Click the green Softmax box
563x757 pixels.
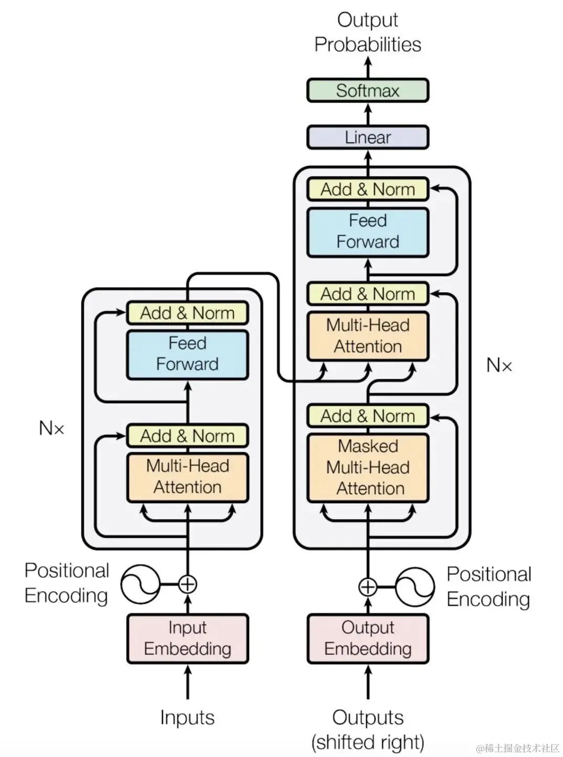tap(368, 91)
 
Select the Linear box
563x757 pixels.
tap(368, 137)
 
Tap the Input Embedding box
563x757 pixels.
tap(187, 639)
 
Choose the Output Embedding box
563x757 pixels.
tap(368, 639)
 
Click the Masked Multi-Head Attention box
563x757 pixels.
tap(368, 467)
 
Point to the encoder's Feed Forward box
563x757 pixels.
tap(187, 354)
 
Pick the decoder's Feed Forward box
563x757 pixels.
tap(368, 232)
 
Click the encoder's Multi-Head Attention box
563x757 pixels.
tap(187, 477)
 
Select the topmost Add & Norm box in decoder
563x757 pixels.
tap(368, 189)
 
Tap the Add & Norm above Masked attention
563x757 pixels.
tap(368, 416)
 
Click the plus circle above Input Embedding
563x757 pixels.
tap(187, 584)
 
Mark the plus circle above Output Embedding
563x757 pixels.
tap(368, 587)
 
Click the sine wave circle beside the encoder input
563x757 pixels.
tap(140, 584)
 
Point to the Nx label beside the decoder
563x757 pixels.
tap(499, 365)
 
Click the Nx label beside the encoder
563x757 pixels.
tap(51, 428)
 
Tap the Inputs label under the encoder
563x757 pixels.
tap(187, 717)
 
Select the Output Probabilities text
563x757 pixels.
tap(368, 32)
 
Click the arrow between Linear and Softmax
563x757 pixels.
tap(368, 114)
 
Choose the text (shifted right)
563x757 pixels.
tap(368, 742)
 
